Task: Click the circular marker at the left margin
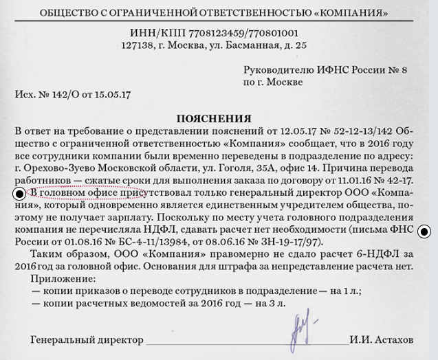19,195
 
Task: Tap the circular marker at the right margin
424,232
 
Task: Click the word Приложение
63,280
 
